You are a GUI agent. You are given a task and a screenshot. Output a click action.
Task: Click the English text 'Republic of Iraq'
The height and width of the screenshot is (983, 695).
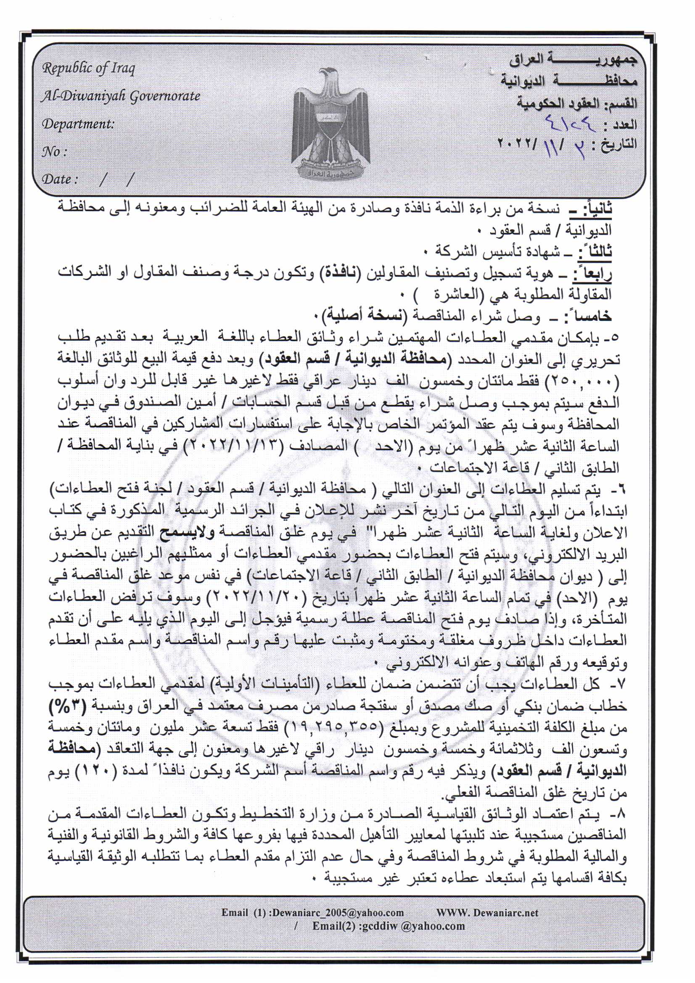(88, 69)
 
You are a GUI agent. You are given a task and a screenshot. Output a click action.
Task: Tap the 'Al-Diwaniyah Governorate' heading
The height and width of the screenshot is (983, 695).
(120, 96)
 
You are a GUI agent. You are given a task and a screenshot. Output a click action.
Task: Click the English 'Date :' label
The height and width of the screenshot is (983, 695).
(60, 179)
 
